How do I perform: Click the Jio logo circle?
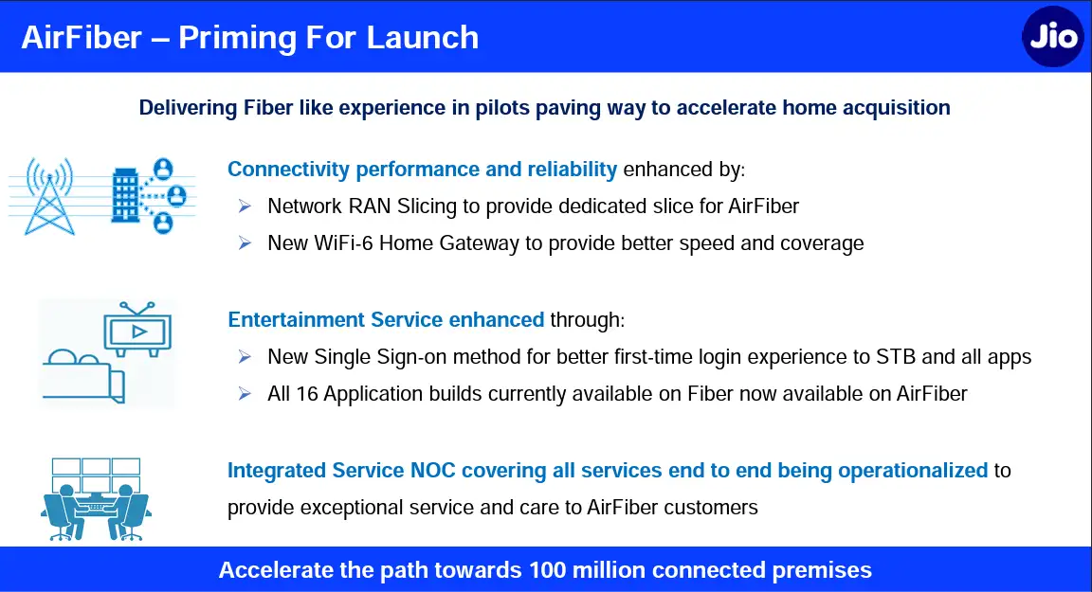(x=1052, y=37)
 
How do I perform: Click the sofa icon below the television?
(x=83, y=376)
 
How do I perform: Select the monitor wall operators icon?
(x=95, y=498)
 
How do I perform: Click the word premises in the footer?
(x=827, y=570)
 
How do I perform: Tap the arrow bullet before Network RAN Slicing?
(x=246, y=206)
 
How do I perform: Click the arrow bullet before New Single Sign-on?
(x=246, y=357)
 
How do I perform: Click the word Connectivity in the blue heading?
(x=288, y=169)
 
